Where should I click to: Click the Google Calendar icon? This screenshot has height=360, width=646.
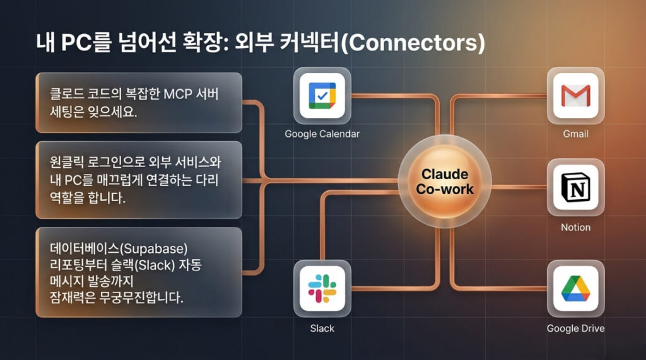(322, 95)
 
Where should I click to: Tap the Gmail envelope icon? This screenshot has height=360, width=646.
(575, 95)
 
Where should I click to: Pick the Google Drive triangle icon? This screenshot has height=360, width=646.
(575, 287)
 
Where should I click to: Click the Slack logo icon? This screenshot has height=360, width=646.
(322, 287)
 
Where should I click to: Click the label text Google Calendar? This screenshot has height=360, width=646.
(322, 134)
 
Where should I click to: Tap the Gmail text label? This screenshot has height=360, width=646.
(575, 134)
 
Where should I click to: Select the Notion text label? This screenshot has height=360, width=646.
(575, 227)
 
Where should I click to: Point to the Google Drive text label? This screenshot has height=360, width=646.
(575, 328)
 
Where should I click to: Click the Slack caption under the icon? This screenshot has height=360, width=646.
(322, 328)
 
